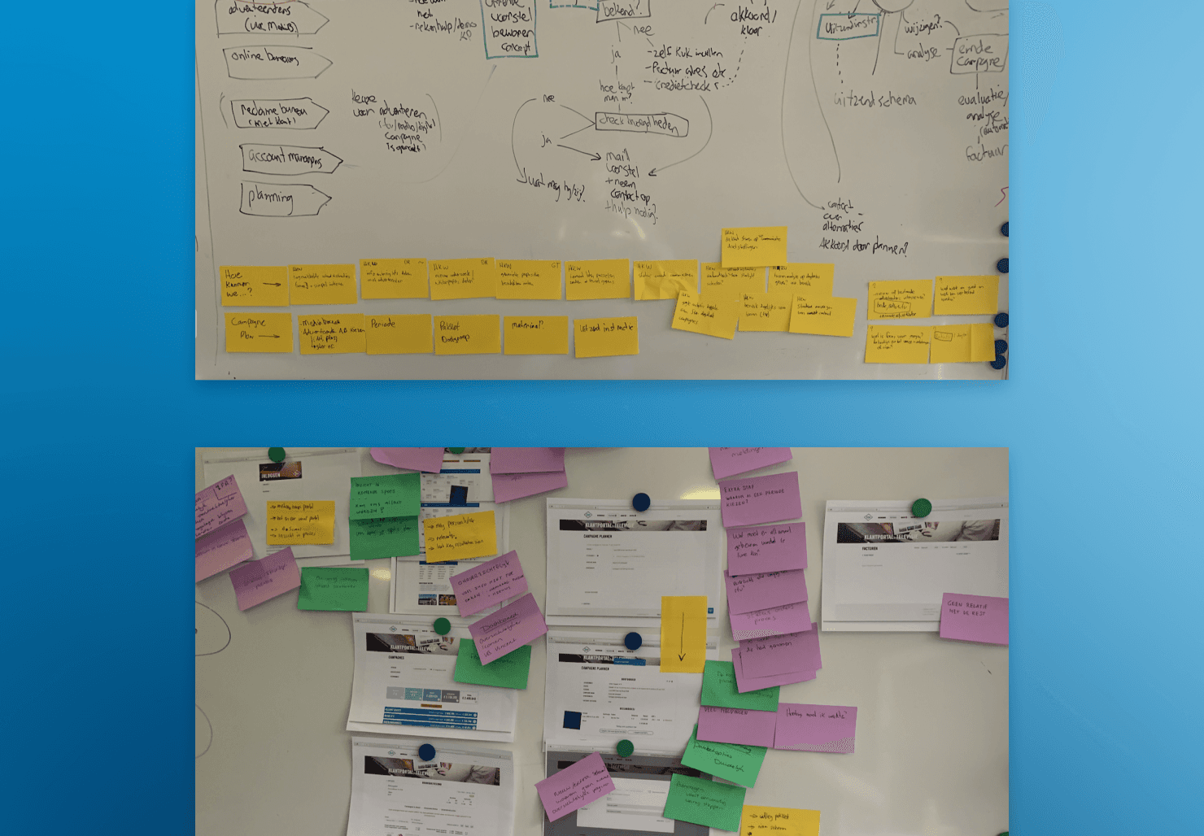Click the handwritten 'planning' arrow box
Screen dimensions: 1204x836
283,198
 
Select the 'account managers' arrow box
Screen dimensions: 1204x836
289,159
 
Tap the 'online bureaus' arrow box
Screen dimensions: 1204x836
275,61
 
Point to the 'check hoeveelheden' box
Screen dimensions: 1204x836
641,124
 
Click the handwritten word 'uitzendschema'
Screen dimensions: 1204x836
875,100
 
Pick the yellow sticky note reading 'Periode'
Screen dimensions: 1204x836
398,333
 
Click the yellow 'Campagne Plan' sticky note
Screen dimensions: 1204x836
258,332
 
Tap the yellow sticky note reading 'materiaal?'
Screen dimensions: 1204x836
535,334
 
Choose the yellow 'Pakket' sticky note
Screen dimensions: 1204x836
466,334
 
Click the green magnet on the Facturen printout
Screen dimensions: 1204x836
921,508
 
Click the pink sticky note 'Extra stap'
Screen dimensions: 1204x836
760,498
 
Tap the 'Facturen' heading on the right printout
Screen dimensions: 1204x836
870,549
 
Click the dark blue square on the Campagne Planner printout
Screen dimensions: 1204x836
572,721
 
